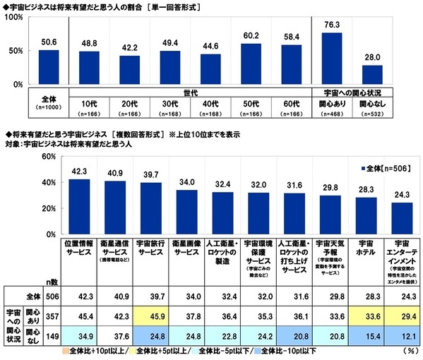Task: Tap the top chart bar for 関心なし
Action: (372, 76)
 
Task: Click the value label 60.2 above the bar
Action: (247, 35)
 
